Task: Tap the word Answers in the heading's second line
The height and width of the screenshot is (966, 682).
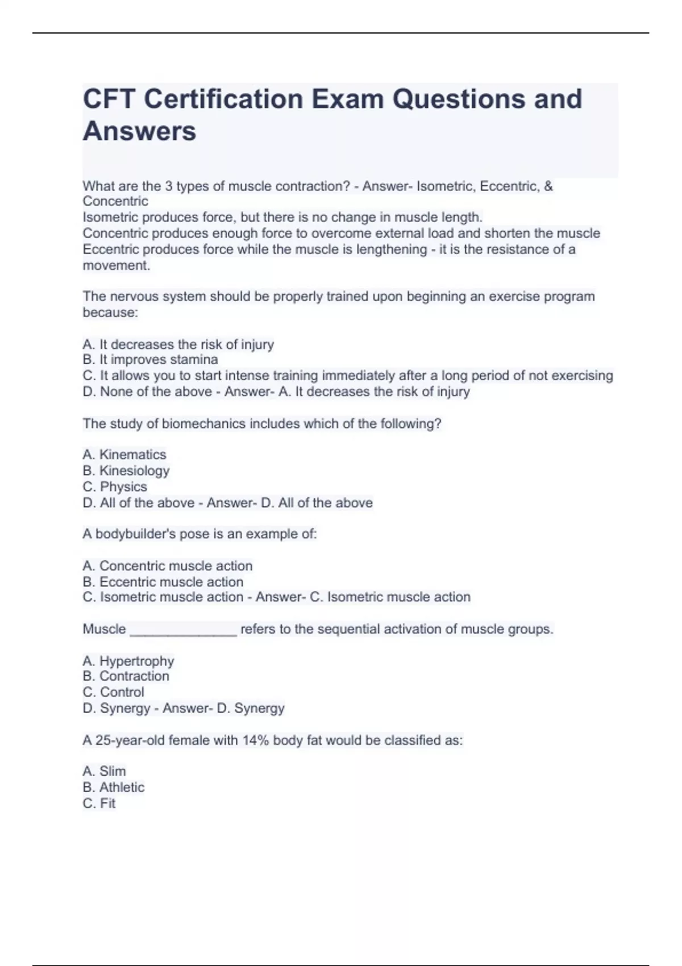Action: [140, 131]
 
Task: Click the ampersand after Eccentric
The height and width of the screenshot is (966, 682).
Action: [548, 186]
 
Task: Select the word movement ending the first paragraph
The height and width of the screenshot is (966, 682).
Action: [116, 265]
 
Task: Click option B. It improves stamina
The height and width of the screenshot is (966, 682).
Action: [150, 360]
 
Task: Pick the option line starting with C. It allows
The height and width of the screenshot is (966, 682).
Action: [347, 376]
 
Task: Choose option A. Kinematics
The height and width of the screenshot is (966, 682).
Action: [124, 455]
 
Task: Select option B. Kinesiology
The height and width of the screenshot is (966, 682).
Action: [126, 470]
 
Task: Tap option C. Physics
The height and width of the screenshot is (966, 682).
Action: [115, 487]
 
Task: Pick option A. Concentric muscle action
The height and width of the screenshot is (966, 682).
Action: [167, 566]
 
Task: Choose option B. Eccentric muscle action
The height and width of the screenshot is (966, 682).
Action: [163, 582]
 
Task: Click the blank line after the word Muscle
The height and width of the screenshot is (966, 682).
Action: [183, 631]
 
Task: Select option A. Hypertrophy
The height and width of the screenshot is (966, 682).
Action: [128, 661]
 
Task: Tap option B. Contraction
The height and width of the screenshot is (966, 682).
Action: [126, 676]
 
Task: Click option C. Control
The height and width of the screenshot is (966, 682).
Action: [113, 692]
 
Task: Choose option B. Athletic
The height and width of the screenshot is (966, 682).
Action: [113, 788]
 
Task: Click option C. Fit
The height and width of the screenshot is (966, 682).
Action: [99, 803]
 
